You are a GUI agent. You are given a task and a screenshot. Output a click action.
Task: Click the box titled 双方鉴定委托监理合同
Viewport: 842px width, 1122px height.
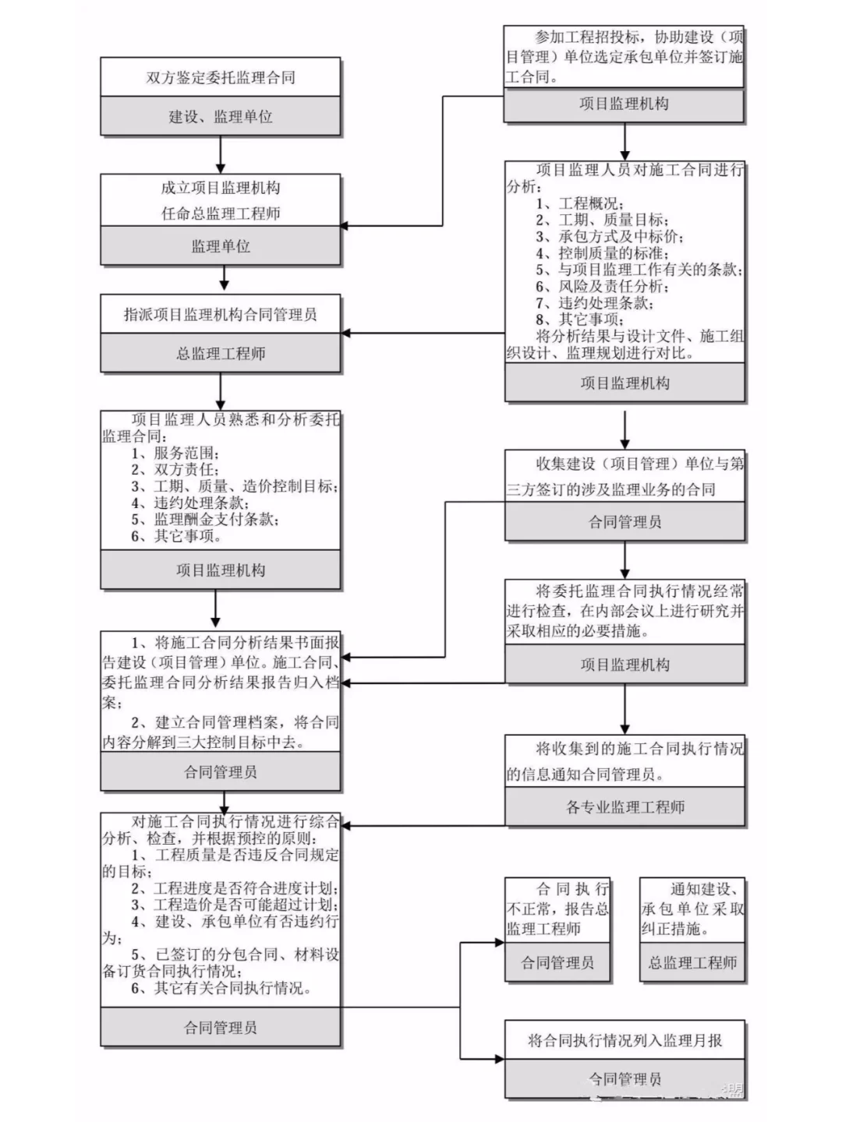point(221,77)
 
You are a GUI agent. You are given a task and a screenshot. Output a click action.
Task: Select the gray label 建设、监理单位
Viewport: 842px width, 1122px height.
point(221,117)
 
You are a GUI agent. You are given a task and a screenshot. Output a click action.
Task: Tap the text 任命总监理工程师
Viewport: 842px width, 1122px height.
point(221,213)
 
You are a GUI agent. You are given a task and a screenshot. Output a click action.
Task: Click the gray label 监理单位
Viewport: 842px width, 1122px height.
point(221,246)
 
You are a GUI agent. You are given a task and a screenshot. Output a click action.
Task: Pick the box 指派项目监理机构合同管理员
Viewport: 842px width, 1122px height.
point(221,315)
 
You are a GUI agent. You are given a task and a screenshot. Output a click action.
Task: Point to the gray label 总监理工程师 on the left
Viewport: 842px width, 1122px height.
point(221,354)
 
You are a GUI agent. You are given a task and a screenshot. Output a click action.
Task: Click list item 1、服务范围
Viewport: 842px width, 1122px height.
point(175,453)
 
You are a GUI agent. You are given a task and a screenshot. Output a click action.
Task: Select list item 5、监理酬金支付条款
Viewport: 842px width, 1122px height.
point(206,519)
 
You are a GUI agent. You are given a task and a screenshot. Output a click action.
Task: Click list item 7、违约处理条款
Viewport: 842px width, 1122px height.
point(595,302)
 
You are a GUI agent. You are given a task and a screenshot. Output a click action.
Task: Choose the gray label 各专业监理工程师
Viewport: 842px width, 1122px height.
point(625,807)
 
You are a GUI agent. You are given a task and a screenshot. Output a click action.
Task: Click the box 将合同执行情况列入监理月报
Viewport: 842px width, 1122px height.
point(625,1040)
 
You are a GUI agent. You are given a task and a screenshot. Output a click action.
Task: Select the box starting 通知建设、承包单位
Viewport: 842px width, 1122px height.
point(692,909)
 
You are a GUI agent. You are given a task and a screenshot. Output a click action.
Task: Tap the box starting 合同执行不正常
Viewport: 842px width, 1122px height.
point(557,909)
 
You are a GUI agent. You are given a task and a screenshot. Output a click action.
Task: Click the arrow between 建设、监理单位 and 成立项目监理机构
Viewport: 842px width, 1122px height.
point(221,155)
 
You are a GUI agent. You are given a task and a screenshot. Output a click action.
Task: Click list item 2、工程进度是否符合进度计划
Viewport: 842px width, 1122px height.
point(234,888)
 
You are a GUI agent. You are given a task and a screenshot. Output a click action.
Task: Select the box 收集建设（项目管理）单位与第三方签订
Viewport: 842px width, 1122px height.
point(625,476)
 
